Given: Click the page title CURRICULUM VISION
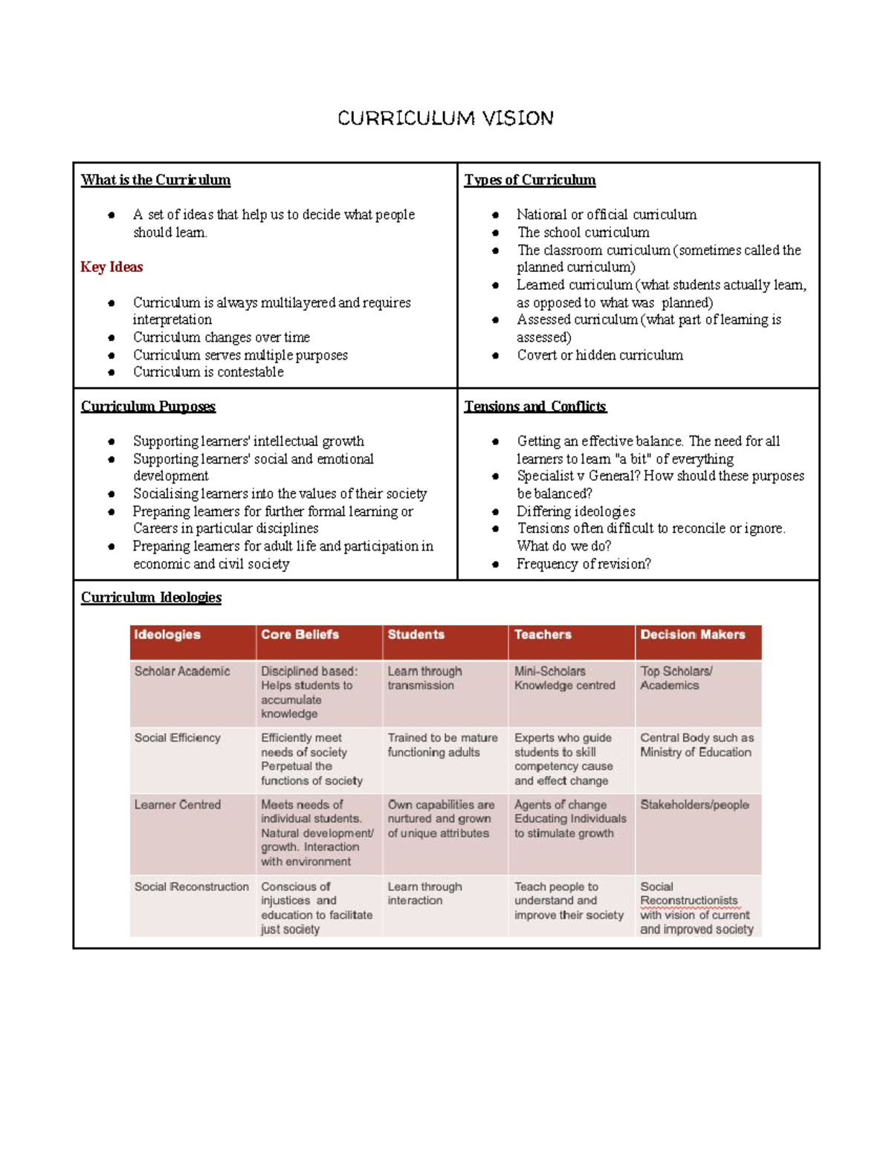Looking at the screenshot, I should click(x=445, y=118).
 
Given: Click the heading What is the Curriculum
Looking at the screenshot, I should click(x=155, y=180).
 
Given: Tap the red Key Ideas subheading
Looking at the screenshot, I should click(x=111, y=267).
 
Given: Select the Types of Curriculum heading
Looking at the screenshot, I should click(x=529, y=180).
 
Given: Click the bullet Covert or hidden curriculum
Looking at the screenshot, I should click(x=599, y=355).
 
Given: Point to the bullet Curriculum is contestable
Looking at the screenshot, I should click(x=208, y=372).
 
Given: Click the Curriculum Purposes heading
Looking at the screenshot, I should click(x=148, y=406).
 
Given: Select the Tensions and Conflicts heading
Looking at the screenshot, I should click(x=535, y=406).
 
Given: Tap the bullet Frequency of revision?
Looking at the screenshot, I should click(x=584, y=564).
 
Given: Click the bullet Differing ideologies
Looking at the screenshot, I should click(x=575, y=511).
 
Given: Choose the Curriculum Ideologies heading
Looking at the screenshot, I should click(x=151, y=597).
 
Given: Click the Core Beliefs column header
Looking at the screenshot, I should click(x=300, y=635).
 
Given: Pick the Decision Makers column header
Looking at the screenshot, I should click(x=692, y=635).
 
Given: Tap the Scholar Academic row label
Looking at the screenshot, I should click(x=182, y=671).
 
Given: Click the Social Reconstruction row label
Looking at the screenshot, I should click(x=191, y=886).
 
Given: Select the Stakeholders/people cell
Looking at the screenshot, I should click(x=694, y=805).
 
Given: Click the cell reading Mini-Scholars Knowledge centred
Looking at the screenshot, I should click(x=564, y=678).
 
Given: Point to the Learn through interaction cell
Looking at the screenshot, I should click(x=424, y=893).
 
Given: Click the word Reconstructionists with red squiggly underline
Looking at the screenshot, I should click(x=688, y=901).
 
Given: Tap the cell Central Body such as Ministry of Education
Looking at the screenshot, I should click(x=697, y=745).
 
